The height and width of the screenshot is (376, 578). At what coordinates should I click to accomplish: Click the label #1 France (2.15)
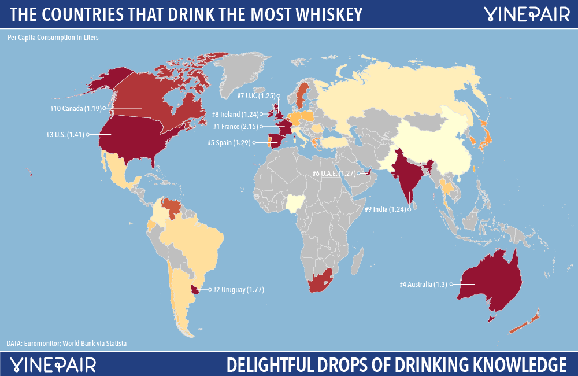point(235,126)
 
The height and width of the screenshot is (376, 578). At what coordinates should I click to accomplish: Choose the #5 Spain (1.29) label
point(229,142)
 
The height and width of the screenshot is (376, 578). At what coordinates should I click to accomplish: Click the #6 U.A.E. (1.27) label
point(332,172)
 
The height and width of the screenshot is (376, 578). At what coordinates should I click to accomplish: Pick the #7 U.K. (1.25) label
point(255,95)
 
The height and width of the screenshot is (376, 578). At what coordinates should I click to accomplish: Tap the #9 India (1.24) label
point(384,209)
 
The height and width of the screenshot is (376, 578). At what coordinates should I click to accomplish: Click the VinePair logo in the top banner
point(525,13)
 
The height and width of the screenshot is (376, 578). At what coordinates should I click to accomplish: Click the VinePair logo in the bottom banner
point(54,364)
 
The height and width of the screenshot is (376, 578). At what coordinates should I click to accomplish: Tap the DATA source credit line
point(66,344)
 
